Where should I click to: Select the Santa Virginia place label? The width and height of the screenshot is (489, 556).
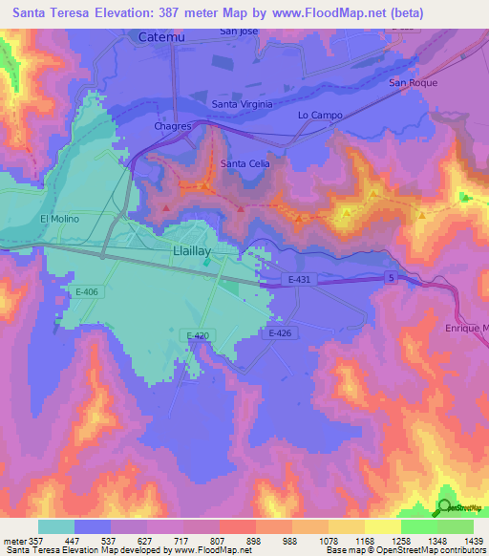242,104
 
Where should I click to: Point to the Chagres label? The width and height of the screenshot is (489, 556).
173,125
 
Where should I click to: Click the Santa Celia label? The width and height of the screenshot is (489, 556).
244,163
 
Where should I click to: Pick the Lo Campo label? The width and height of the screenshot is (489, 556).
320,115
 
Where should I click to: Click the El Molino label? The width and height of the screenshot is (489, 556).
58,219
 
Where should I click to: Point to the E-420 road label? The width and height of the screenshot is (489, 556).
199,334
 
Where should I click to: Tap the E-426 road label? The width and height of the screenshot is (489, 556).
279,332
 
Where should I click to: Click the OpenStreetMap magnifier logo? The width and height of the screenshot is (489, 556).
444,507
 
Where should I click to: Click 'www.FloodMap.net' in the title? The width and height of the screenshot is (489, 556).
324,11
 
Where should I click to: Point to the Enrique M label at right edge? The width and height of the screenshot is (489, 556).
466,328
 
